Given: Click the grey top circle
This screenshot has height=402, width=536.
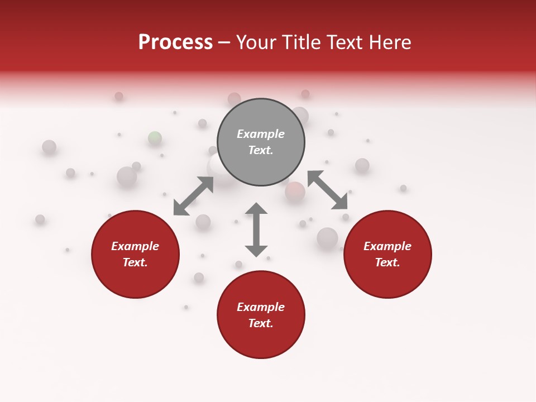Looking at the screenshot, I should point(261,142).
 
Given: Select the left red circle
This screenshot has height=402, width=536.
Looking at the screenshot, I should point(135,255).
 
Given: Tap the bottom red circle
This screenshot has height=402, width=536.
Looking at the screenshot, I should point(261,315).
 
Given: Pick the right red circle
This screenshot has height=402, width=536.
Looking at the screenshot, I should point(387,255).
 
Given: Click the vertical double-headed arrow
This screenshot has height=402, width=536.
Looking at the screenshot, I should point(256,229).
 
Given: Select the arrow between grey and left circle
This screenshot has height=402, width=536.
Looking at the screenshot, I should point(193,196).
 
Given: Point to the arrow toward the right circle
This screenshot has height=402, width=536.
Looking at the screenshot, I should point(327,190).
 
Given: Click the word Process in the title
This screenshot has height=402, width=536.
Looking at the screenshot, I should point(175,42).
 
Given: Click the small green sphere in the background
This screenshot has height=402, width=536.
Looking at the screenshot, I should point(155,138).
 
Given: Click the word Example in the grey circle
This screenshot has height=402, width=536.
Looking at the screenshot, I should point(261,134).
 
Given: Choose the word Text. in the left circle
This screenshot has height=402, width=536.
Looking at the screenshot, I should point(135,262).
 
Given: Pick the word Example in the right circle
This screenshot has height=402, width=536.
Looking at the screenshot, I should point(387,246).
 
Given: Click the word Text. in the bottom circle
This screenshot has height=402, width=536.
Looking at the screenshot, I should point(261,323).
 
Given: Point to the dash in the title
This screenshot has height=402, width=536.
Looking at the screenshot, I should point(224,43).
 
